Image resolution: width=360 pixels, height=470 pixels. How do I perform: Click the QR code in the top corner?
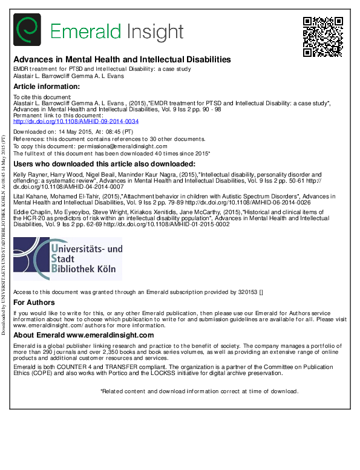(322, 36)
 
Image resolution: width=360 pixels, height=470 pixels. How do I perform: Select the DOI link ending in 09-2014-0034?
(76, 121)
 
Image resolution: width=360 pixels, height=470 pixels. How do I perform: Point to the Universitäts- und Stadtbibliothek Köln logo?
(68, 259)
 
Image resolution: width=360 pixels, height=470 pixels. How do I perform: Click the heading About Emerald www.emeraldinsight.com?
(83, 335)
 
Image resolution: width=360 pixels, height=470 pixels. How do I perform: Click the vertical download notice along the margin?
(4, 236)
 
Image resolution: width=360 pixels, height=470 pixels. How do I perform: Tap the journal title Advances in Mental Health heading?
(122, 60)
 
